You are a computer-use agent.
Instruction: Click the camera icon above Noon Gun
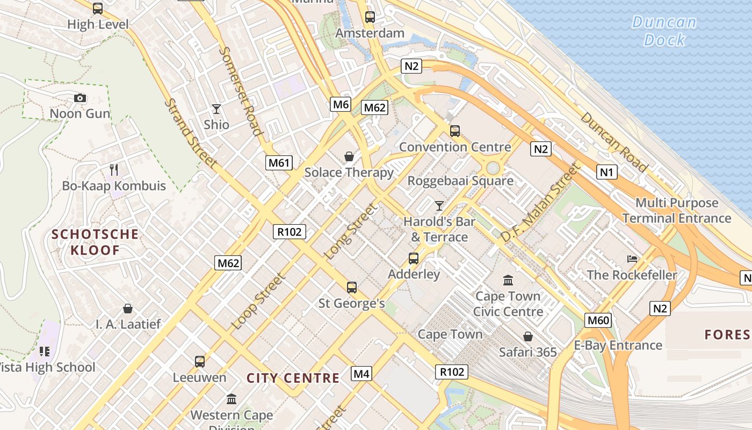(80, 98)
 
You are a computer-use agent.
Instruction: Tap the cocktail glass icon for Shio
(216, 109)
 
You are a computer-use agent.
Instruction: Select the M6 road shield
(341, 104)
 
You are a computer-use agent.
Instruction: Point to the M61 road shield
(279, 162)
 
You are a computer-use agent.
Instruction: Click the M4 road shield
(361, 373)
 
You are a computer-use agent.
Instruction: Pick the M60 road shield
(598, 321)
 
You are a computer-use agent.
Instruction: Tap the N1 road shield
(606, 172)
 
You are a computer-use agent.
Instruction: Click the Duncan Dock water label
(664, 31)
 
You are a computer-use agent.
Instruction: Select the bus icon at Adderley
(414, 259)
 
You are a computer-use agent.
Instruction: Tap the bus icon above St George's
(352, 288)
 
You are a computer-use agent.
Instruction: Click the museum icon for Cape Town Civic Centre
(508, 280)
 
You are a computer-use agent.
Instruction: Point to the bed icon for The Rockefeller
(632, 259)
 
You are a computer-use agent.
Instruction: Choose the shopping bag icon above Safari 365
(528, 336)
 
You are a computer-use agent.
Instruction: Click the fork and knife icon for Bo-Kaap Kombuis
(114, 170)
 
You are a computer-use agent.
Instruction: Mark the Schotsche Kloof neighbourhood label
(95, 242)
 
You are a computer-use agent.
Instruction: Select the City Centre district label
(293, 378)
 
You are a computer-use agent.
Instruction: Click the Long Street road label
(351, 231)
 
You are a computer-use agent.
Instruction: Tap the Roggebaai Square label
(460, 181)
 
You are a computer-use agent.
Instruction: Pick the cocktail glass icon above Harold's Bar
(439, 205)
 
